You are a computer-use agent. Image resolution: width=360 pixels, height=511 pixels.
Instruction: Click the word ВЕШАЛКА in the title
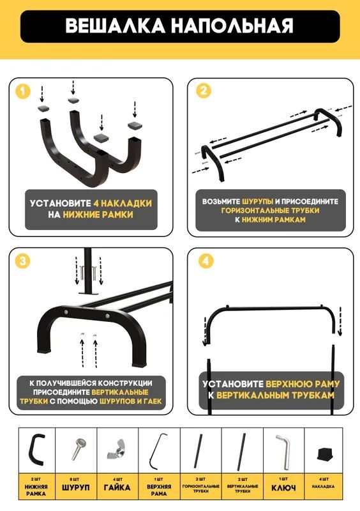[x=116, y=26]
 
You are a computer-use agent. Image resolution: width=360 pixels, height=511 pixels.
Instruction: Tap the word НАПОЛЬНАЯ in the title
[x=232, y=26]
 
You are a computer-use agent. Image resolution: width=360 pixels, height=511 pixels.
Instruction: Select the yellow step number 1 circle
[x=23, y=91]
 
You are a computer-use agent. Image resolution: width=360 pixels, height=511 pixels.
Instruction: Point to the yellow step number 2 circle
[x=204, y=91]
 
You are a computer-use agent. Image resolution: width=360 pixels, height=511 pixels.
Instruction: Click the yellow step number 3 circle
[x=23, y=261]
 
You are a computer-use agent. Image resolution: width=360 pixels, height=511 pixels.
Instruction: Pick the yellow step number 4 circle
[x=206, y=261]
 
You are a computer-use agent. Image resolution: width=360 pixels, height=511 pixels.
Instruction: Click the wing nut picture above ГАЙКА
[x=117, y=451]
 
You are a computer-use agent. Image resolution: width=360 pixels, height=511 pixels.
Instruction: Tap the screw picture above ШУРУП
[x=77, y=449]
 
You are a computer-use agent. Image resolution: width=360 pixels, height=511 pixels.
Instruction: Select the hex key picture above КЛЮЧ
[x=283, y=452]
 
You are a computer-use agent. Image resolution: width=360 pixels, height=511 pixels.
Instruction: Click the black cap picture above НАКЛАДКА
[x=324, y=454]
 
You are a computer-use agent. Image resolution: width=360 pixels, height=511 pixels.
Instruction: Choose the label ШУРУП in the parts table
[x=75, y=488]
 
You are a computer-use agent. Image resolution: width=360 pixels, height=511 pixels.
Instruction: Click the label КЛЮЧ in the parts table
[x=283, y=488]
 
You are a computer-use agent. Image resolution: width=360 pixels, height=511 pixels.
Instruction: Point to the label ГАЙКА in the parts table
[x=117, y=487]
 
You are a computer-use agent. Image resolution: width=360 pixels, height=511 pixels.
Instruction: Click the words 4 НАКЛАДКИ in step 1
[x=123, y=203]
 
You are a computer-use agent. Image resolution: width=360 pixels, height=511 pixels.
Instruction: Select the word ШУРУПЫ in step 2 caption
[x=257, y=201]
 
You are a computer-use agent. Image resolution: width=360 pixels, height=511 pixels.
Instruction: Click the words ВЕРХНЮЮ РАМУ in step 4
[x=303, y=384]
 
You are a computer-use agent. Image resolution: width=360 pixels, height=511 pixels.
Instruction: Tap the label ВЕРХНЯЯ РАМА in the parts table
[x=159, y=490]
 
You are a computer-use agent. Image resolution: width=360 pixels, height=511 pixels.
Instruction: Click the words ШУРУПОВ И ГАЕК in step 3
[x=130, y=401]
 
